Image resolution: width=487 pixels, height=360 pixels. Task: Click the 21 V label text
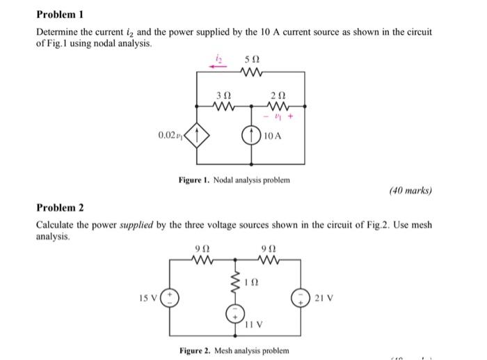tap(322, 299)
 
